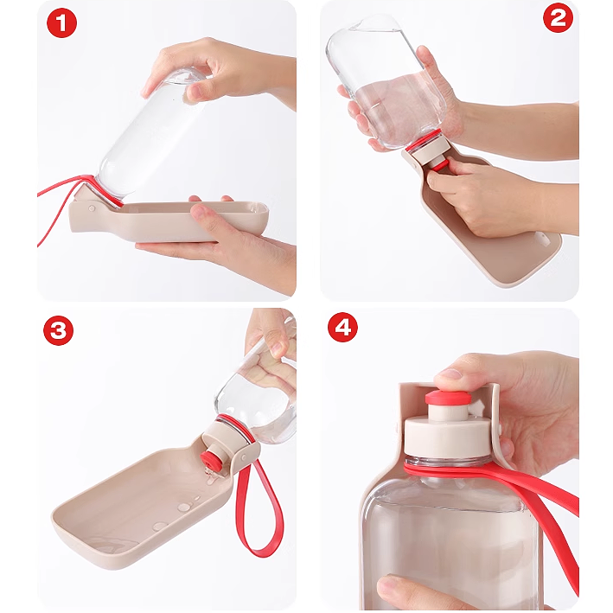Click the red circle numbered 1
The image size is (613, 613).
point(61,23)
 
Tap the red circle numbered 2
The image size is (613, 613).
point(559,18)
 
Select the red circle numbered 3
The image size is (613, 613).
point(58,330)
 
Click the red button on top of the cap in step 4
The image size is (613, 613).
point(449,398)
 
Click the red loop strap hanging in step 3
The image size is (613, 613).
point(258,508)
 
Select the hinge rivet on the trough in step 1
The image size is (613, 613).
point(92,208)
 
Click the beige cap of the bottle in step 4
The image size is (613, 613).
point(447,433)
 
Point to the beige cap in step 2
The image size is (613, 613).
point(430,153)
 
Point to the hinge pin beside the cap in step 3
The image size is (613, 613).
point(244,457)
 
